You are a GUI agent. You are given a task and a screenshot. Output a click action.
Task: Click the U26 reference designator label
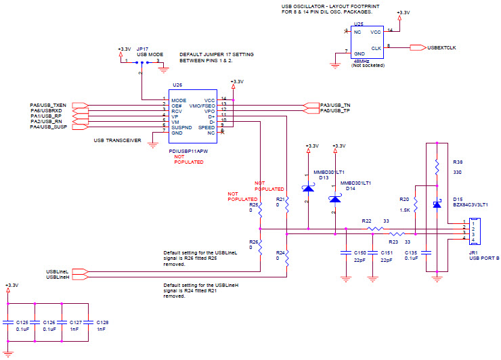pos(177,85)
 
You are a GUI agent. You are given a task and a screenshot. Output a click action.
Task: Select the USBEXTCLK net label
pos(441,47)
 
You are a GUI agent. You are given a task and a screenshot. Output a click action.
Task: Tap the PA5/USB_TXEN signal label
pos(48,105)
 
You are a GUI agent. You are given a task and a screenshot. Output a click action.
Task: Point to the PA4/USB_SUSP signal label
pos(48,127)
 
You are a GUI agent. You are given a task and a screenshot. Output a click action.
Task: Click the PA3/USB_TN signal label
pos(336,105)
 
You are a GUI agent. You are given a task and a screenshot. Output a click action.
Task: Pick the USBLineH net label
pos(58,277)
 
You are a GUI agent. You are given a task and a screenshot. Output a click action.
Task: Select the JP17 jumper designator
pos(141,49)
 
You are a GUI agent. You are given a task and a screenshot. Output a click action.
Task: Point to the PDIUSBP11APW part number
pos(188,152)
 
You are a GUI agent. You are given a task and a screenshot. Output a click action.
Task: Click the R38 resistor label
pos(458,163)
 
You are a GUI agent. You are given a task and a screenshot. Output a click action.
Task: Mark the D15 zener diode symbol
pos(437,204)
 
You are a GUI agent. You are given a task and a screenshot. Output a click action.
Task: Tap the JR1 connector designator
pos(473,252)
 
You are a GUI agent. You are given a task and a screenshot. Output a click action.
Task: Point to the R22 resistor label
pos(366,221)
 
